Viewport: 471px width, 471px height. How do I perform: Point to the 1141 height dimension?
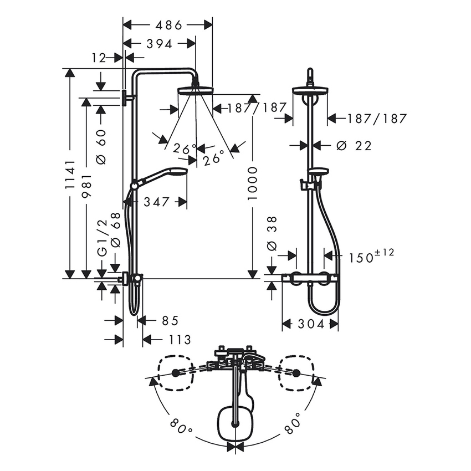(x=69, y=175)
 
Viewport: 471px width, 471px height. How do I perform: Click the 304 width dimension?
(x=310, y=325)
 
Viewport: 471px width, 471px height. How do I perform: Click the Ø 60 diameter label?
(x=101, y=150)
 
